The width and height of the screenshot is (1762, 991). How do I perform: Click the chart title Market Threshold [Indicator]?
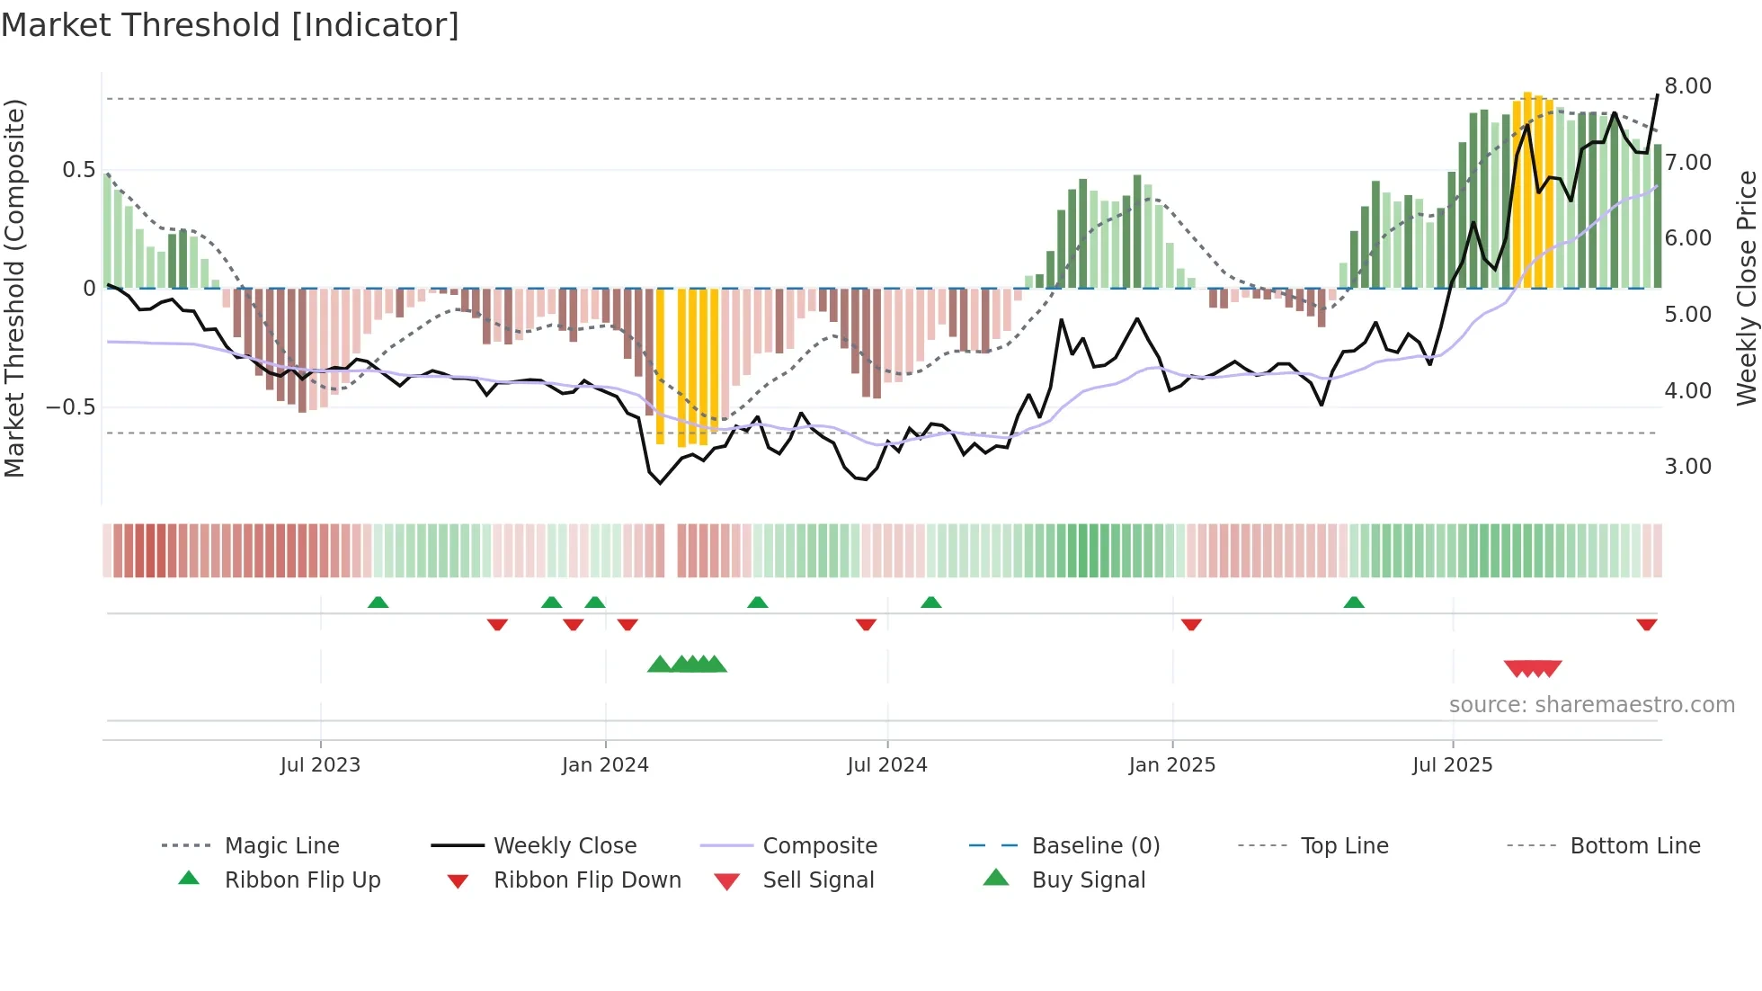(230, 25)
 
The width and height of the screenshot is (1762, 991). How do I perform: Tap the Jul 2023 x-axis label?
(320, 765)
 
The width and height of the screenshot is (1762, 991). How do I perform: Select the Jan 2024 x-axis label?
(605, 765)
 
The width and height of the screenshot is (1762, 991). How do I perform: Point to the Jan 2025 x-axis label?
(1172, 765)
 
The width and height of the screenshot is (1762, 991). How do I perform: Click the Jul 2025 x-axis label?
(1452, 765)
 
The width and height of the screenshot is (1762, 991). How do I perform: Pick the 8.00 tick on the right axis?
(1687, 86)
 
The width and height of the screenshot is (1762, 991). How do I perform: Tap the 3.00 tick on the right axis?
(1687, 467)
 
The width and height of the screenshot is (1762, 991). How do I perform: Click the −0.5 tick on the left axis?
(71, 407)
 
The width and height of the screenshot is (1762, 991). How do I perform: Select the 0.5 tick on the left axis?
(78, 170)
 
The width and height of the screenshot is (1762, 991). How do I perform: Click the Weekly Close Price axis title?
(1746, 288)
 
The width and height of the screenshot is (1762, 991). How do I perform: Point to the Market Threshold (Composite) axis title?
(14, 288)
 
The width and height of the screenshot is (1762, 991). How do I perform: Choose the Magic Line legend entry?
(281, 846)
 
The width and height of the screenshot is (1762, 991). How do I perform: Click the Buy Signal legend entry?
(1088, 880)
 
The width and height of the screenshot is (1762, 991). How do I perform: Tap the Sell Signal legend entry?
(818, 880)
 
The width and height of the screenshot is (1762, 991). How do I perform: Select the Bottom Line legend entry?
(1634, 846)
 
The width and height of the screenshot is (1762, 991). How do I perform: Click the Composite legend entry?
(819, 846)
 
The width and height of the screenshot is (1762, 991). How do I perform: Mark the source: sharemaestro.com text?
(1591, 705)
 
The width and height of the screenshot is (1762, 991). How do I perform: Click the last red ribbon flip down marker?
(1646, 624)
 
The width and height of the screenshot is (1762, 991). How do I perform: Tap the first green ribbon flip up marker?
(378, 603)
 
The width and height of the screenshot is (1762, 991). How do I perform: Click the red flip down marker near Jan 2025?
(1191, 624)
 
